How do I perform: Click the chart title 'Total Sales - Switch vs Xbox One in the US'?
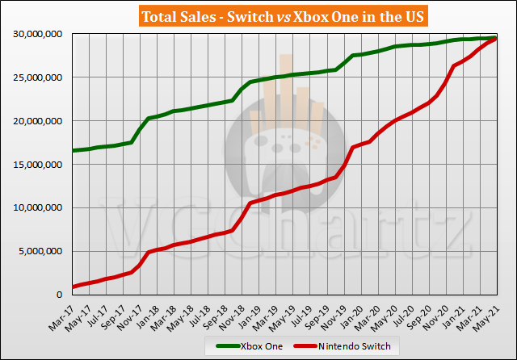[258, 16]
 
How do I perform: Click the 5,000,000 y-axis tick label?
[40, 252]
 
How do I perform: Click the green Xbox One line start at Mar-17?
[74, 150]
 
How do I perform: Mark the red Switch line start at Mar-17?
[74, 287]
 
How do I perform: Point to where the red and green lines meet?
[495, 38]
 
